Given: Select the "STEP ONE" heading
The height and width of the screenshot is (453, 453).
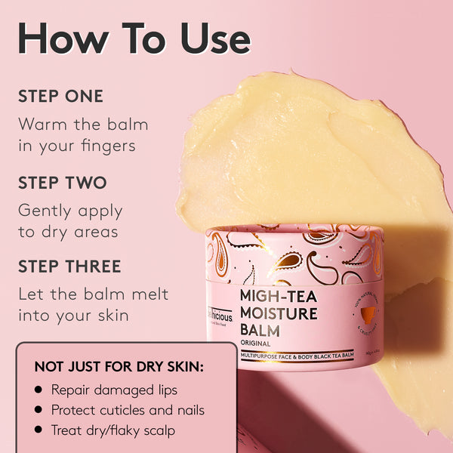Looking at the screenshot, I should pos(60,97).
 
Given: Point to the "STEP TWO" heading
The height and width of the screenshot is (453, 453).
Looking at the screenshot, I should pos(62,183).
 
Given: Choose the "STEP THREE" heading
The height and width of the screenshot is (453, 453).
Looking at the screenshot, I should pos(69,267).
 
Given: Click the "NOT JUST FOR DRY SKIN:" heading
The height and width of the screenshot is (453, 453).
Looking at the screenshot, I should pos(119,367).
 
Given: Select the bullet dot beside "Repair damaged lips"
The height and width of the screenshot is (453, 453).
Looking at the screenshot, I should pos(38,390).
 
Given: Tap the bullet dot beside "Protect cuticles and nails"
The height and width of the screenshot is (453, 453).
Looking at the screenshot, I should pos(38,411).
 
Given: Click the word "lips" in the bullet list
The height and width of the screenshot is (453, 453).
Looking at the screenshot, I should pos(165,390).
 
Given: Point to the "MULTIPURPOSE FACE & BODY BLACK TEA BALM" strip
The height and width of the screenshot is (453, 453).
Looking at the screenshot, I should pos(296,356).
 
